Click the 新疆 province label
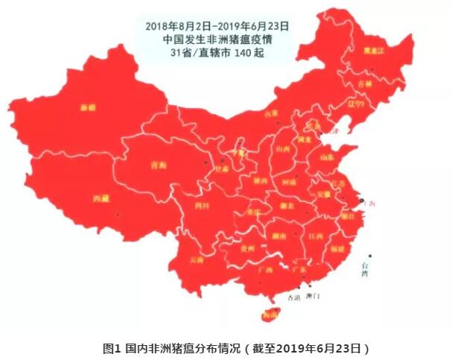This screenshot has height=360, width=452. [x=88, y=108]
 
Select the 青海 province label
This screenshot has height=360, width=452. [x=157, y=166]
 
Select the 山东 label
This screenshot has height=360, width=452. [x=326, y=158]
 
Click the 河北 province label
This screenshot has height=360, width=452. [x=303, y=139]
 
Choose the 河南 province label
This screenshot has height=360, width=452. [x=288, y=182]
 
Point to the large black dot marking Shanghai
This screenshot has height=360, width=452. [x=360, y=200]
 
